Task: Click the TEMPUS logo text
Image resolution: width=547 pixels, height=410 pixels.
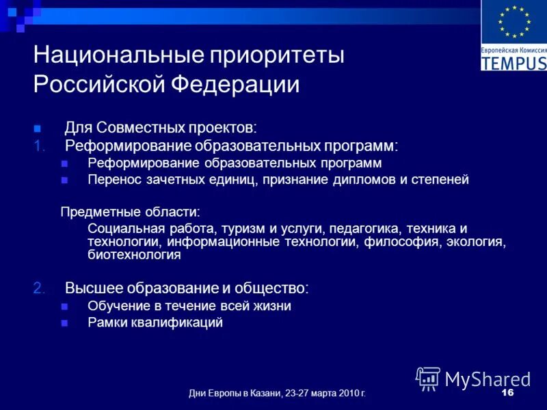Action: [x=513, y=63]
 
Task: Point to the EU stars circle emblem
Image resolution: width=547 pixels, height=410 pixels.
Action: [x=513, y=22]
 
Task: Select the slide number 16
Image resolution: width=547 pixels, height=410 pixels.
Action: [x=507, y=393]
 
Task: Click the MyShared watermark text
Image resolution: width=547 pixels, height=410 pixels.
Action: [x=488, y=379]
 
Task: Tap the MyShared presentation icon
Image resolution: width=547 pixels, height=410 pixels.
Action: [x=428, y=378]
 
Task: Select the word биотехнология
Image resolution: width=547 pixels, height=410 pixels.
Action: [x=134, y=256]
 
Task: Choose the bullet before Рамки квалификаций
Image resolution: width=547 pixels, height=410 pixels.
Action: [x=65, y=323]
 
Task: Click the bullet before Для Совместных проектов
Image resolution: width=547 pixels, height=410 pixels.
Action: [x=38, y=128]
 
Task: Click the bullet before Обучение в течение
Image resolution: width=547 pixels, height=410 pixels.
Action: [x=65, y=306]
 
